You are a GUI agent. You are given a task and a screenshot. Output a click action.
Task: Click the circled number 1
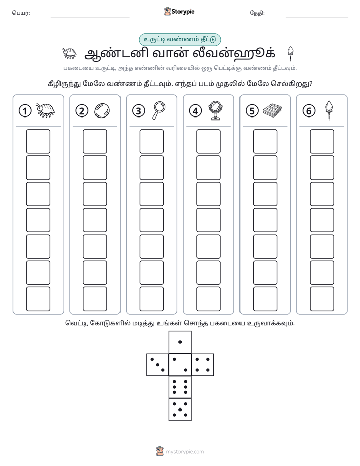25,111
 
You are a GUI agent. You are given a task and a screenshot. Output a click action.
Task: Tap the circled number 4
195,111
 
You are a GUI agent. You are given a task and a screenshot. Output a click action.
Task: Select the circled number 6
309,111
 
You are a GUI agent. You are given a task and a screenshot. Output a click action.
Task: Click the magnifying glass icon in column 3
159,110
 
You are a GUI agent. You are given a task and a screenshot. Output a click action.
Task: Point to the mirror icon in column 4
215,110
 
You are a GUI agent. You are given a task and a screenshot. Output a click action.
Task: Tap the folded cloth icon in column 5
272,110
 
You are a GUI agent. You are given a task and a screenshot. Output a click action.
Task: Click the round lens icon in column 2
102,110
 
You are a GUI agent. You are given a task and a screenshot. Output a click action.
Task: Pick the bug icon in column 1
45,110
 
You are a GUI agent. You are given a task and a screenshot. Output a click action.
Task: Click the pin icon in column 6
329,110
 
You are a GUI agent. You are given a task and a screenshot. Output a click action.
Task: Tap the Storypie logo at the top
179,12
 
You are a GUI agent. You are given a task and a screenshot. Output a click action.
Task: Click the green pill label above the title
179,40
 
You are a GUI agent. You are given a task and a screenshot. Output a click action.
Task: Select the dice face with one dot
180,342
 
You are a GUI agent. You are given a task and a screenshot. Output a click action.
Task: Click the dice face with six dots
180,387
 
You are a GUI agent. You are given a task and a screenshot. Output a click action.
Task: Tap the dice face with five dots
180,410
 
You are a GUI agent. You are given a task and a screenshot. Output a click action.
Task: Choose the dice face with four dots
203,365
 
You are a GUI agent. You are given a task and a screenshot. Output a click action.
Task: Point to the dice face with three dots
158,365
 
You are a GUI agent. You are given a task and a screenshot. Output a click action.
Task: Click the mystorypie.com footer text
185,452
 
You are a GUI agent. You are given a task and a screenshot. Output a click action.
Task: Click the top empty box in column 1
38,141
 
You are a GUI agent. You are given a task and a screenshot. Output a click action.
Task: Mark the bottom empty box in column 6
322,299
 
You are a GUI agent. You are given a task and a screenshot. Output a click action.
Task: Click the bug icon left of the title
69,53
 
